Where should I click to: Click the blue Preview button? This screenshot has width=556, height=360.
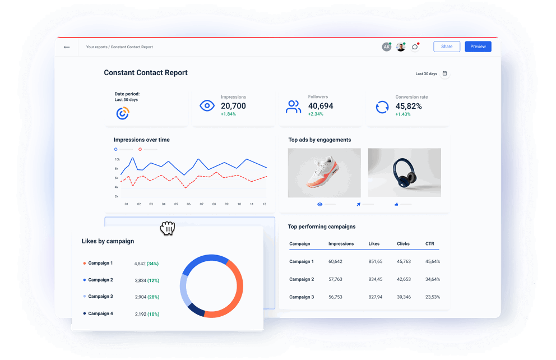click(x=478, y=47)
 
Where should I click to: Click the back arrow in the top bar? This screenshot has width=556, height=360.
click(x=67, y=47)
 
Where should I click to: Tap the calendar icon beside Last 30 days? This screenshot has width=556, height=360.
click(x=445, y=73)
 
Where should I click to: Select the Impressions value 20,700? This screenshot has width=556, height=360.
click(x=233, y=106)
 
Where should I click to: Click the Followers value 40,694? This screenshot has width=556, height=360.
click(x=321, y=106)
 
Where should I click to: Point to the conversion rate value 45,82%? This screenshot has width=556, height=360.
click(x=409, y=106)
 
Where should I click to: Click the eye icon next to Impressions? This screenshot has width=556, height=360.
click(x=207, y=105)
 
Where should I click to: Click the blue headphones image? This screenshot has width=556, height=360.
click(x=404, y=173)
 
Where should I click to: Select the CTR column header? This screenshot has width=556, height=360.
click(x=430, y=244)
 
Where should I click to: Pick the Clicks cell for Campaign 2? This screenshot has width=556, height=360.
click(x=404, y=279)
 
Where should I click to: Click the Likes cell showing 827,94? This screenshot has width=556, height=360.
click(x=376, y=297)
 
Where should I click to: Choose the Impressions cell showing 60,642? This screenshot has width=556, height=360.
click(x=335, y=262)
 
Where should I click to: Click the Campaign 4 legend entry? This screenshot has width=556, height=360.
click(x=100, y=313)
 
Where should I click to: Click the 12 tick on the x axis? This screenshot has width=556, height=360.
click(x=264, y=204)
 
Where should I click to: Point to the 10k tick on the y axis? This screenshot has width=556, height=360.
click(x=116, y=159)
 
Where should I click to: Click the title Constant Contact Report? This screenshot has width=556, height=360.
click(x=146, y=73)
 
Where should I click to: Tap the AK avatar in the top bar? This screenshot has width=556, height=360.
click(x=386, y=47)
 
